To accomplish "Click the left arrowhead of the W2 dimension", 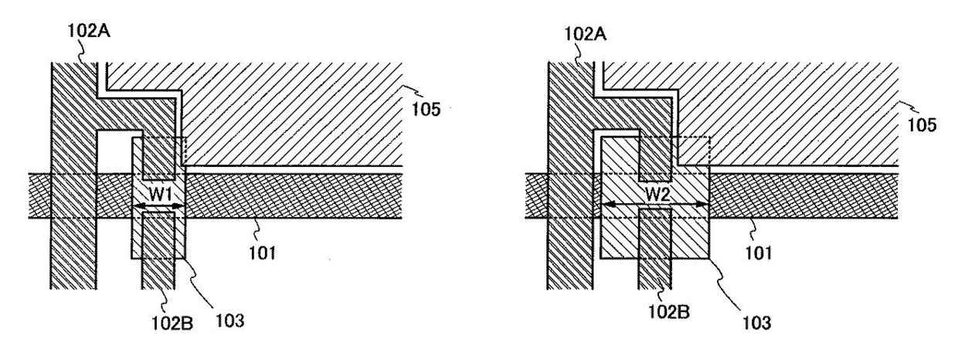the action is point(606,205).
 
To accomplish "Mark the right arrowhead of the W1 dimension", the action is point(182,206).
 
